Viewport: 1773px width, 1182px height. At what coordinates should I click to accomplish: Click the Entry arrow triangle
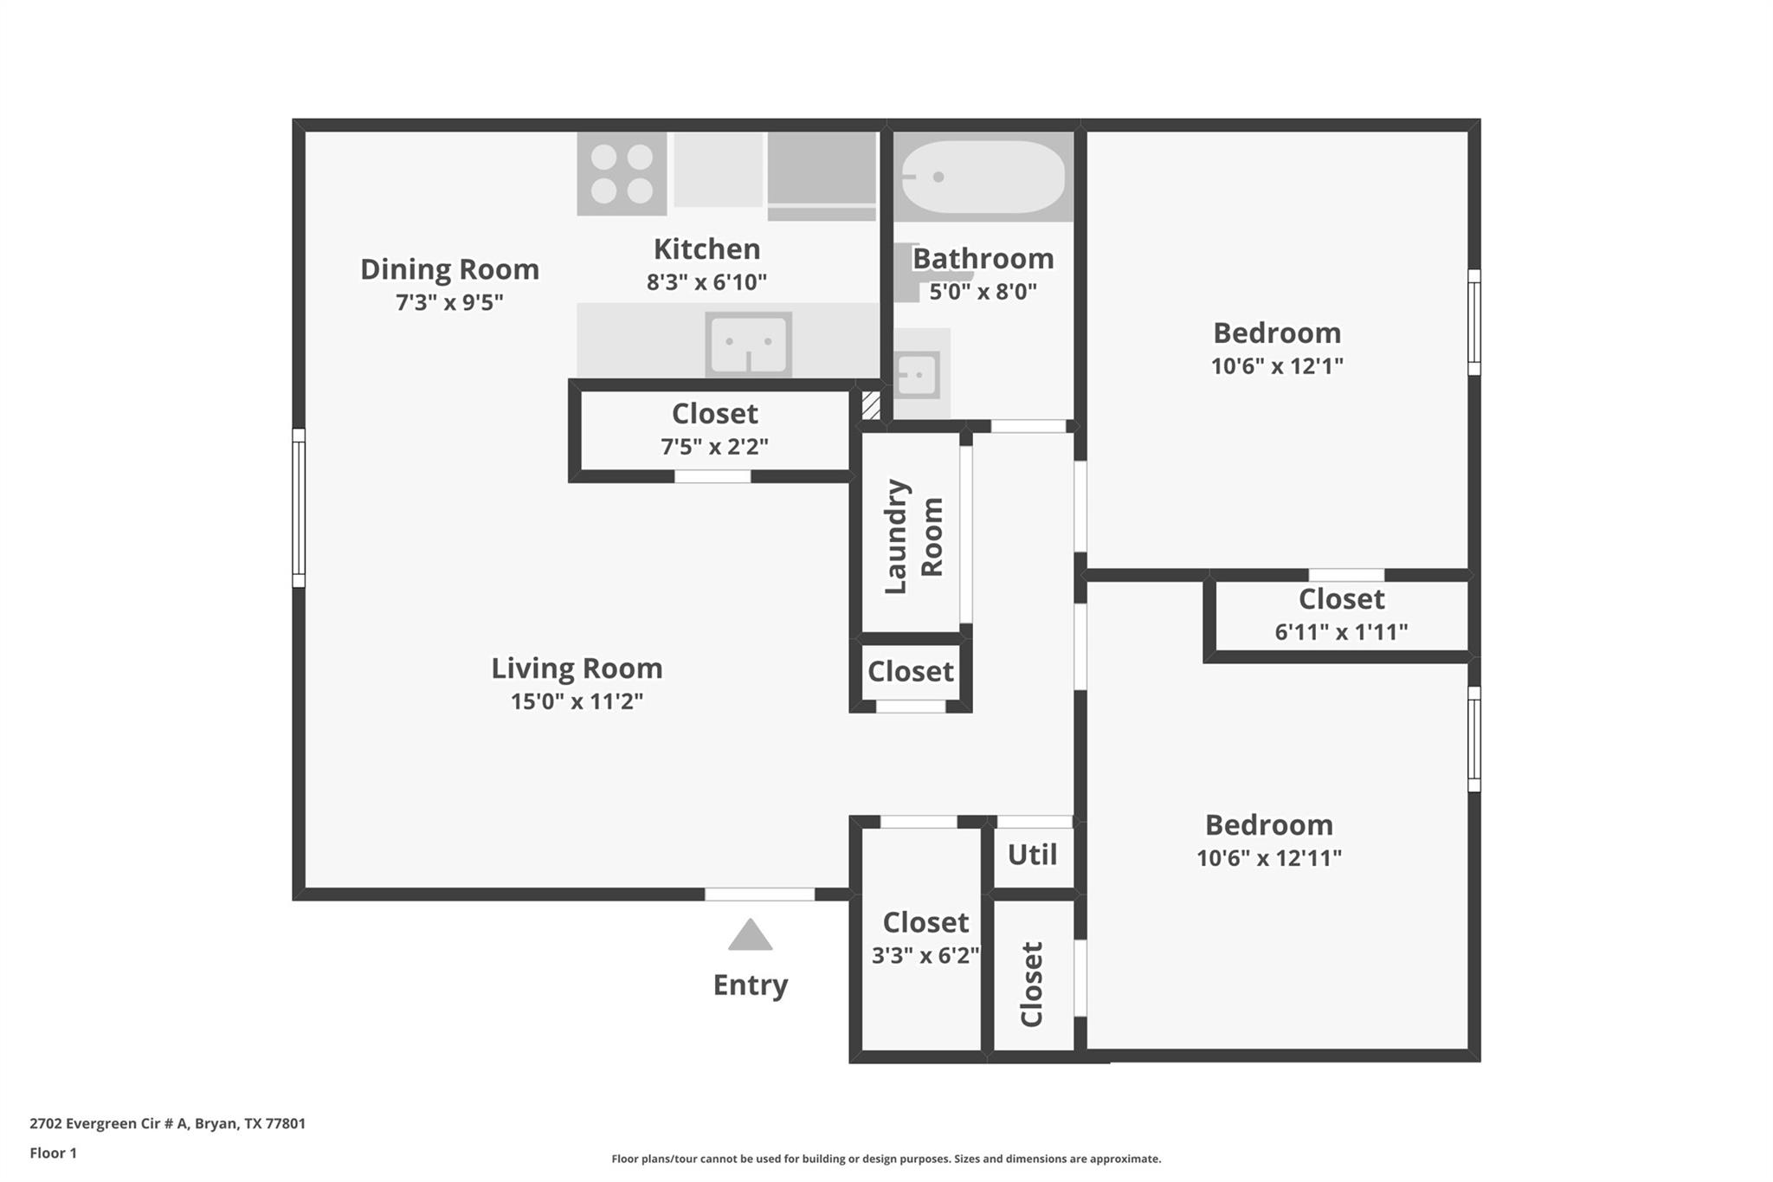pos(750,937)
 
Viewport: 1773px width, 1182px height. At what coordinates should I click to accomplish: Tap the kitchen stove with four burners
pos(622,173)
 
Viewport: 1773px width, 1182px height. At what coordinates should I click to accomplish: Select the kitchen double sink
pos(749,344)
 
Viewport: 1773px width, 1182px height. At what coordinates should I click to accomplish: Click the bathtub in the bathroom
pos(983,177)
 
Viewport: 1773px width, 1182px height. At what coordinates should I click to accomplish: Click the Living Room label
pos(577,669)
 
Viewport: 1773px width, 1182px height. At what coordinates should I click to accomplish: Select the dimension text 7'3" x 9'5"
pos(449,302)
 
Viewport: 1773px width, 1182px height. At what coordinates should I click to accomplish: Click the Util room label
pos(1032,856)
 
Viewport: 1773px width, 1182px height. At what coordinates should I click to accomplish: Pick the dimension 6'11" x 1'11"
pos(1341,632)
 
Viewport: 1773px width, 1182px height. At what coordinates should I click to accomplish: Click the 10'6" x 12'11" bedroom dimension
pos(1268,858)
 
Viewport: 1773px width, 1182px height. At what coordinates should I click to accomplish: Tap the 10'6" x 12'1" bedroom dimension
pos(1276,366)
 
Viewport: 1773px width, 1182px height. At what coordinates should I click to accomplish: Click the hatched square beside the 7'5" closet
pos(870,405)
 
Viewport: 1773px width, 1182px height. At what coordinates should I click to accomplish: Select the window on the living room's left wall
pos(299,508)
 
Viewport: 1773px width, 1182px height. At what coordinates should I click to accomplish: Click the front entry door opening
pos(759,895)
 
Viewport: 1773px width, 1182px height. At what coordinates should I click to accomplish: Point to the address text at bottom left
pos(167,1124)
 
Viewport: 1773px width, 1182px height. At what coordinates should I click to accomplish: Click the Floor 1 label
pos(53,1153)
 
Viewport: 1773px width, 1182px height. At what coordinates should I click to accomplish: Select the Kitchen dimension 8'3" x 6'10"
pos(706,282)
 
